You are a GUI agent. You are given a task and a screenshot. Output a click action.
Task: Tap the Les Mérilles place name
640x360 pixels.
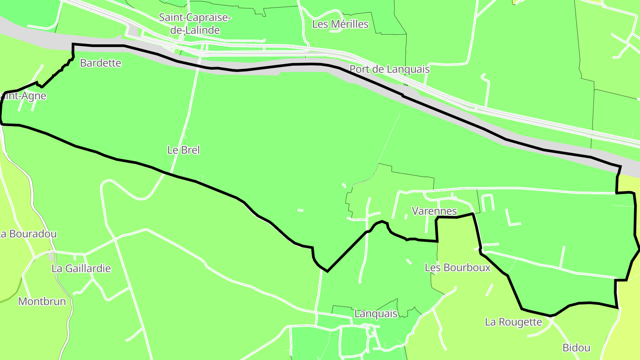[340, 24]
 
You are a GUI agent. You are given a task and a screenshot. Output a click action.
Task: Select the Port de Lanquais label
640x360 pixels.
[389, 69]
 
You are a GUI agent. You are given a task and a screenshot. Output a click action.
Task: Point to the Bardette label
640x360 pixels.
[100, 63]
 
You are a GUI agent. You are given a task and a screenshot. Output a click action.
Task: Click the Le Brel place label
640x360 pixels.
[184, 150]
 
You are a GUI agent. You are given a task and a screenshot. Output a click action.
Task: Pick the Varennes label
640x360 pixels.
[434, 211]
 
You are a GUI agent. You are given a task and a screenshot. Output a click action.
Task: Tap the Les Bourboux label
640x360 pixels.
[458, 268]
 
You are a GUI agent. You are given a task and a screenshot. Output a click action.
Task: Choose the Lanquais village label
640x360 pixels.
[376, 314]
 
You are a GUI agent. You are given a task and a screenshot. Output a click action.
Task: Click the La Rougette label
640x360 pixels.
[513, 322]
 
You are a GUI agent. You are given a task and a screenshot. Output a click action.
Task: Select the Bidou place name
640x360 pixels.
[576, 348]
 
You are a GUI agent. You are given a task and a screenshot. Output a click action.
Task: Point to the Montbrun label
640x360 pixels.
[42, 302]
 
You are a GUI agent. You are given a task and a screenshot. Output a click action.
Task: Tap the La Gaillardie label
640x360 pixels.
[81, 268]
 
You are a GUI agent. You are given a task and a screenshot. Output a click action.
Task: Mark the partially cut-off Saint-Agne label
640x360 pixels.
[24, 96]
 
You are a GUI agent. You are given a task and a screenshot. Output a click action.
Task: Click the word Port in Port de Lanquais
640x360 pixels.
[359, 69]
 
